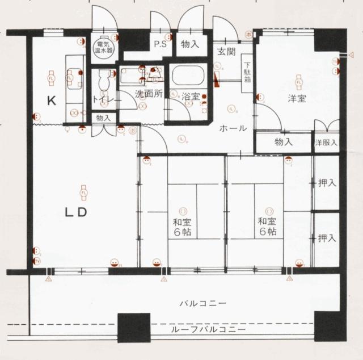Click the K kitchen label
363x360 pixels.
51,101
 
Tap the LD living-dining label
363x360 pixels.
74,213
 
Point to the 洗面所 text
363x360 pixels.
149,94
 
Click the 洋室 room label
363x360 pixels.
297,98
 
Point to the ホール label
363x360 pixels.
234,128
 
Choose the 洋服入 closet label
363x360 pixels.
327,142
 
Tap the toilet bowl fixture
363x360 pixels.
103,81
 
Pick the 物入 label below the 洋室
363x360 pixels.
283,141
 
